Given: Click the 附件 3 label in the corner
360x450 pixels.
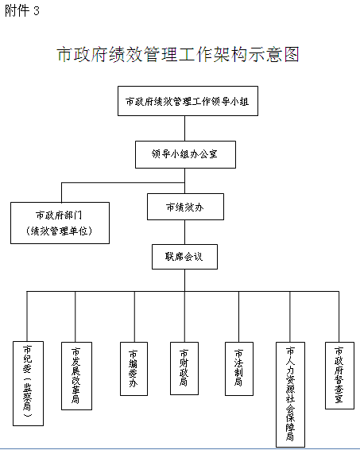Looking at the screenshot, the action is click(x=21, y=11).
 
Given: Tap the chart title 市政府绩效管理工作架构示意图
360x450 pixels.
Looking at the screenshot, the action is click(x=178, y=54).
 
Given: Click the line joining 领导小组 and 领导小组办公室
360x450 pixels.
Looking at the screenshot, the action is click(x=184, y=128).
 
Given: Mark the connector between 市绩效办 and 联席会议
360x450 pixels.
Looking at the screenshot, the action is click(x=184, y=232).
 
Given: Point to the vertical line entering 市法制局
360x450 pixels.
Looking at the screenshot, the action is click(x=238, y=317).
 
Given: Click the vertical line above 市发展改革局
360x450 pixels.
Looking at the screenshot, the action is click(x=75, y=317).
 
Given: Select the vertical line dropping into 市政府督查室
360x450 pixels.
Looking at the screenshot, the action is click(x=339, y=317).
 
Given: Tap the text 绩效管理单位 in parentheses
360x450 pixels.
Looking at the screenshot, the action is click(x=60, y=231).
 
